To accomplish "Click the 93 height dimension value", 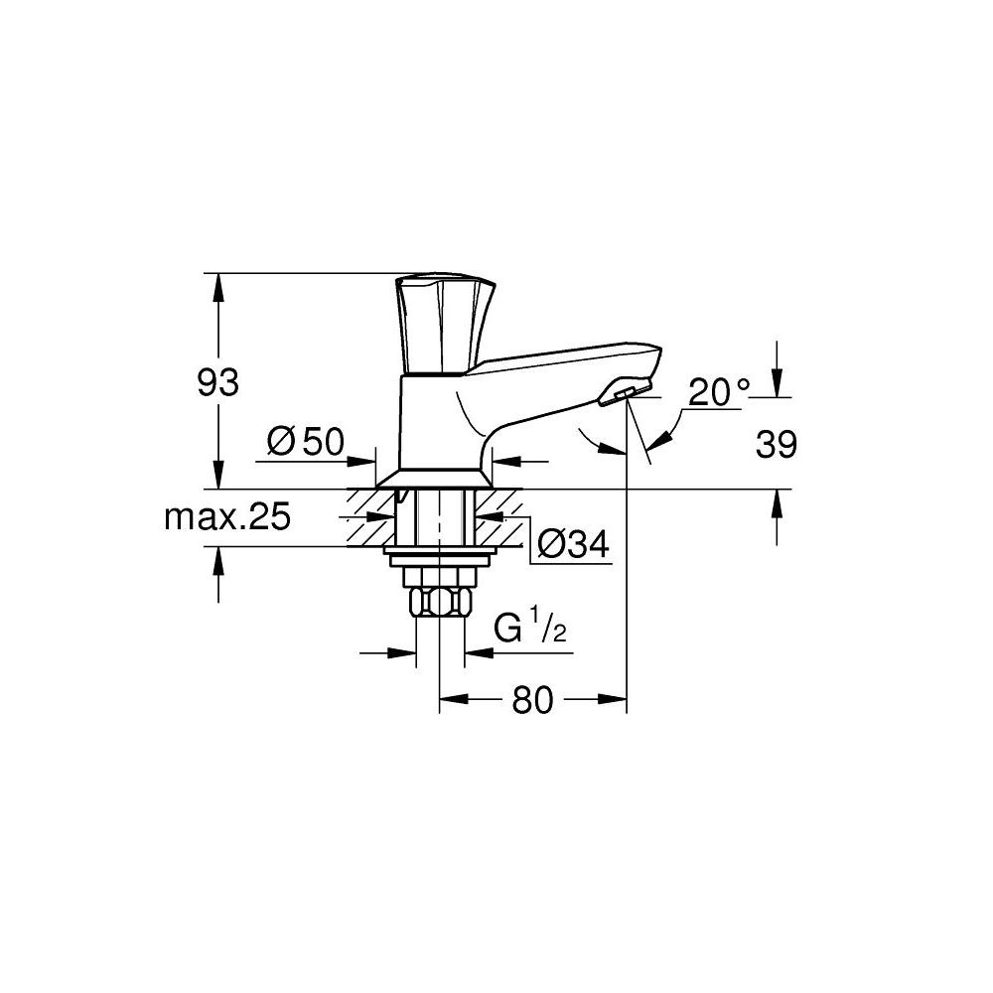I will click(217, 381).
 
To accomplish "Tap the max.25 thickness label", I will click(226, 516).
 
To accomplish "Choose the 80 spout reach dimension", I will click(532, 701).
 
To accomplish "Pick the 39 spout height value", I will click(776, 446).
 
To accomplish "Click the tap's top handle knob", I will click(444, 321).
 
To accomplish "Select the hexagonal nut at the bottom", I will click(438, 601).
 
